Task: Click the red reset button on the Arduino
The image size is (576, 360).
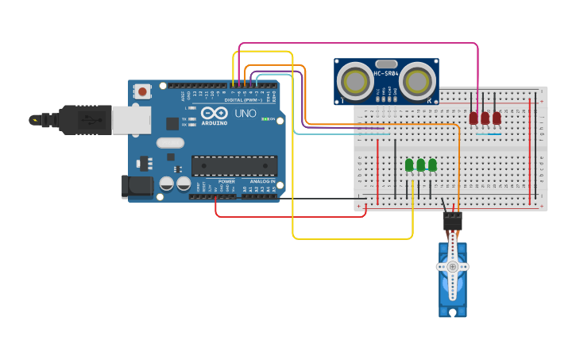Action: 142,91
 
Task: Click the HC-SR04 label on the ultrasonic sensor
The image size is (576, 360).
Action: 386,74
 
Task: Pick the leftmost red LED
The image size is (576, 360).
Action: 474,118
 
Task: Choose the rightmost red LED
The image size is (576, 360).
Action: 497,118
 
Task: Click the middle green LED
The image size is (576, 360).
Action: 420,165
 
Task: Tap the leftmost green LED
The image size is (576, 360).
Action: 409,165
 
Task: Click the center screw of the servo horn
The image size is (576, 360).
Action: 453,267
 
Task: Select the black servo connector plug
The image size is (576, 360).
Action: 452,219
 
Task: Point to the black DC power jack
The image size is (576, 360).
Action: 137,187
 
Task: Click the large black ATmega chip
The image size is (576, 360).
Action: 234,165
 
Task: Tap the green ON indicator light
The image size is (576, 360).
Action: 272,119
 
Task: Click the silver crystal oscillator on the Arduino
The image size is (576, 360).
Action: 170,143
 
